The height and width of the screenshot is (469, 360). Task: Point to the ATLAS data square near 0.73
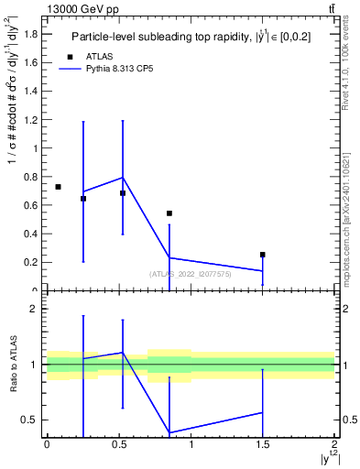(58, 187)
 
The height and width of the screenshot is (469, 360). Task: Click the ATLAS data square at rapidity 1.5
(262, 255)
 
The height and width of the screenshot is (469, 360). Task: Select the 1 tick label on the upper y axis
(36, 147)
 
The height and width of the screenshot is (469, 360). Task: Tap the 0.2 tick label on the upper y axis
(31, 262)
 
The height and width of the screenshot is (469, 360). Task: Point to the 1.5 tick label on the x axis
(262, 444)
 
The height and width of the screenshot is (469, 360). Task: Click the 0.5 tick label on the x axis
(118, 444)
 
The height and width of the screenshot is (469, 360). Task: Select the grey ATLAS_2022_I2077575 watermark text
(191, 273)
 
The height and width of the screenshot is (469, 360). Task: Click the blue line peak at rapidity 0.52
(122, 177)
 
